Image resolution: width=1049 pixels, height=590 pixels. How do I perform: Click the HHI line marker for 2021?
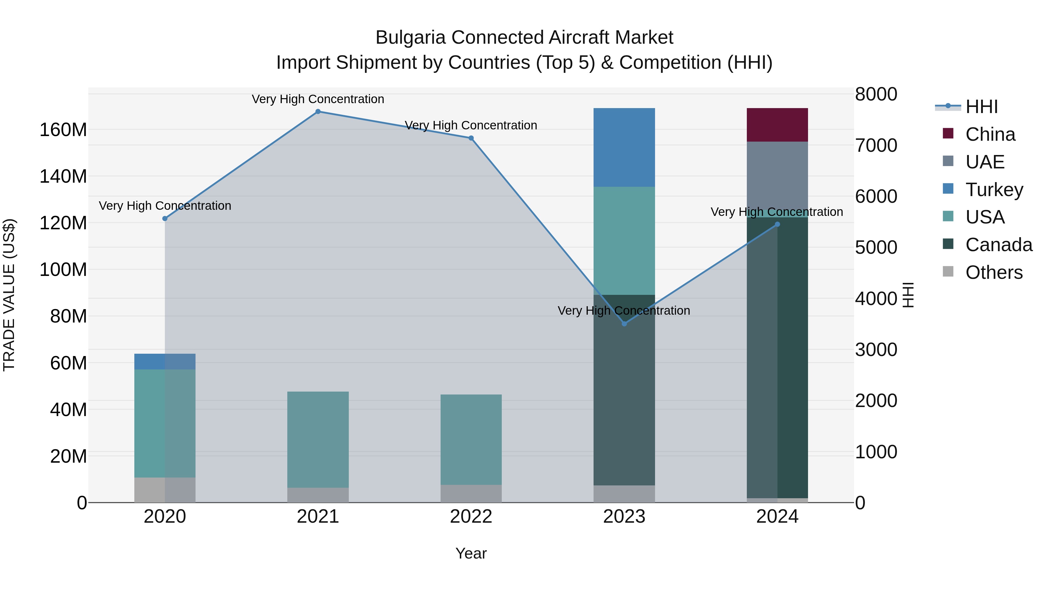pos(318,112)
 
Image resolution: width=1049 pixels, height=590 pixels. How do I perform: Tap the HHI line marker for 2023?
pos(624,324)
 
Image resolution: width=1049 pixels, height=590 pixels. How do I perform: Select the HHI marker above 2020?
pos(165,219)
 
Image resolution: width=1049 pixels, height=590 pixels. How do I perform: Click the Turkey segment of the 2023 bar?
pos(624,147)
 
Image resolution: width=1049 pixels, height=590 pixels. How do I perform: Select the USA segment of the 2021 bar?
pos(318,440)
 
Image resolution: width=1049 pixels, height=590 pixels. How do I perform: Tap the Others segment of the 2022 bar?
pos(471,494)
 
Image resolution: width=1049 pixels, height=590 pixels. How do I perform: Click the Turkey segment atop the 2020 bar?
pos(165,362)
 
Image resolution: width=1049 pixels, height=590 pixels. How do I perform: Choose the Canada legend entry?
pos(999,245)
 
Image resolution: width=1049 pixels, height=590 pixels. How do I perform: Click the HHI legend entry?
pos(981,107)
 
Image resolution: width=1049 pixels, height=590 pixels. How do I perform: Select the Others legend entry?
pos(994,272)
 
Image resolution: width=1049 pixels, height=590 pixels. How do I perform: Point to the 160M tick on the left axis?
pos(63,130)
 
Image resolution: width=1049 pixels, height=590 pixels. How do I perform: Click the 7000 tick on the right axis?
pos(876,145)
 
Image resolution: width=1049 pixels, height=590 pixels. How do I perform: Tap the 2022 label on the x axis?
pos(471,517)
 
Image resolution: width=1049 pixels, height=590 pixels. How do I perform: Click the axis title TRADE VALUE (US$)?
pos(9,295)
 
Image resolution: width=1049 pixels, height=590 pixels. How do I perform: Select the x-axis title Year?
pos(471,553)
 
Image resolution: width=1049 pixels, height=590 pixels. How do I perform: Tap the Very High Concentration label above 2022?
pos(471,125)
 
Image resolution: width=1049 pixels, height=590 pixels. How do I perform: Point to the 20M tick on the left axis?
pos(68,456)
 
